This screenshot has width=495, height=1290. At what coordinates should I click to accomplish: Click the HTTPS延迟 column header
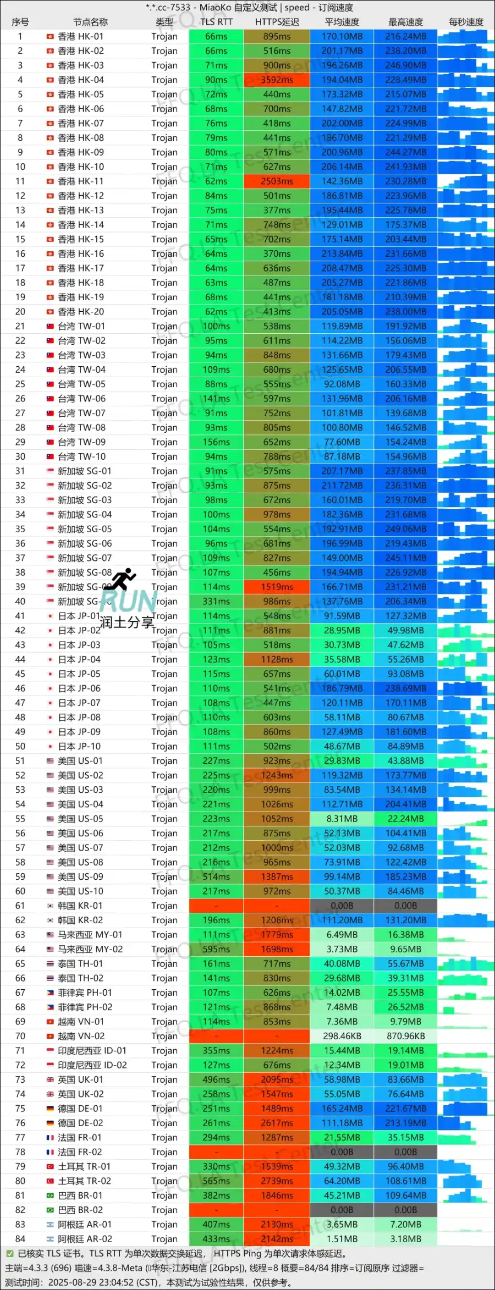click(277, 22)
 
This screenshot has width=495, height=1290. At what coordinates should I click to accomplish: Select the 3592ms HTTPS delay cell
click(277, 80)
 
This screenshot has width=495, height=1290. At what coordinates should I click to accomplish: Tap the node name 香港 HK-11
click(80, 181)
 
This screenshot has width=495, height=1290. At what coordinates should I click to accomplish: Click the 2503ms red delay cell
click(277, 181)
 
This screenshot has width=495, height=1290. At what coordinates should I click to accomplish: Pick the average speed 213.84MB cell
click(342, 253)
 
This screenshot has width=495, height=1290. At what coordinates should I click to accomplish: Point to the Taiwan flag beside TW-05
click(50, 384)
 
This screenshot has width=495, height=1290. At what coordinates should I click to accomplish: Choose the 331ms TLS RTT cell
click(216, 602)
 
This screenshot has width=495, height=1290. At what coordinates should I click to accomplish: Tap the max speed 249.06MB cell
click(405, 529)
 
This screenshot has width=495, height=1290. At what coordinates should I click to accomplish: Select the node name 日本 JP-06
click(79, 688)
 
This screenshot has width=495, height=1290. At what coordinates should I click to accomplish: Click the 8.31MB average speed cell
click(342, 819)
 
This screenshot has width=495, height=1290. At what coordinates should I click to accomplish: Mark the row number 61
click(20, 906)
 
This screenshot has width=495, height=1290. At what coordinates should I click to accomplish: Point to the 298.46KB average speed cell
click(342, 1036)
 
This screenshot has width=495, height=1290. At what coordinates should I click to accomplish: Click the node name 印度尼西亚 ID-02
click(92, 1065)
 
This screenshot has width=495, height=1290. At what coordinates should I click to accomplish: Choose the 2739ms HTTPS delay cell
click(277, 1181)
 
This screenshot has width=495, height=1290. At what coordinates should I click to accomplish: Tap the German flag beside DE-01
click(50, 1109)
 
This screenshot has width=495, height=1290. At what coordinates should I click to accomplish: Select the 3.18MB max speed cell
click(405, 1239)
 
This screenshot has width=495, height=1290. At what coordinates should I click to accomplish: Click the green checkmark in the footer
click(9, 1254)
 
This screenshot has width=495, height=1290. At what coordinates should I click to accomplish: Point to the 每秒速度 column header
click(466, 22)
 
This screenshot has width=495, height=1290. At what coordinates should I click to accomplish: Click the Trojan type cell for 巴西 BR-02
click(164, 1210)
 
